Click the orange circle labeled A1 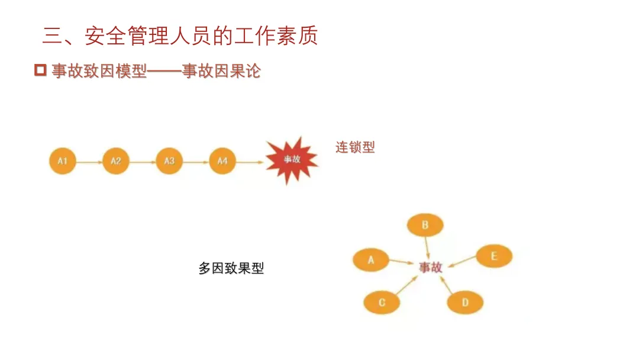(x=62, y=160)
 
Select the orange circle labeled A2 (x=116, y=161)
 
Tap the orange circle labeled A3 (x=169, y=161)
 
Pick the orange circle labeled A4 (x=222, y=161)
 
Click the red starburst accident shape (x=291, y=159)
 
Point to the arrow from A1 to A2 (x=89, y=161)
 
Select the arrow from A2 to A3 (x=143, y=161)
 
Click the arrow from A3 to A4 (x=196, y=161)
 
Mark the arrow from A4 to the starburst (x=250, y=161)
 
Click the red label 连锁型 (x=355, y=147)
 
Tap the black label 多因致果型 (x=231, y=268)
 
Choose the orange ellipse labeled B (x=425, y=225)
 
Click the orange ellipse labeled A (x=371, y=259)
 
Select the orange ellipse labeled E (x=494, y=256)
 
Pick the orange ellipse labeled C (x=382, y=303)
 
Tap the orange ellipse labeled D (x=465, y=303)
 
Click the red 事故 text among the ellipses (x=430, y=267)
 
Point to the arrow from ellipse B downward (x=427, y=247)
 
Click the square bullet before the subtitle (x=40, y=70)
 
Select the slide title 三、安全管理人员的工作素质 (x=180, y=36)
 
